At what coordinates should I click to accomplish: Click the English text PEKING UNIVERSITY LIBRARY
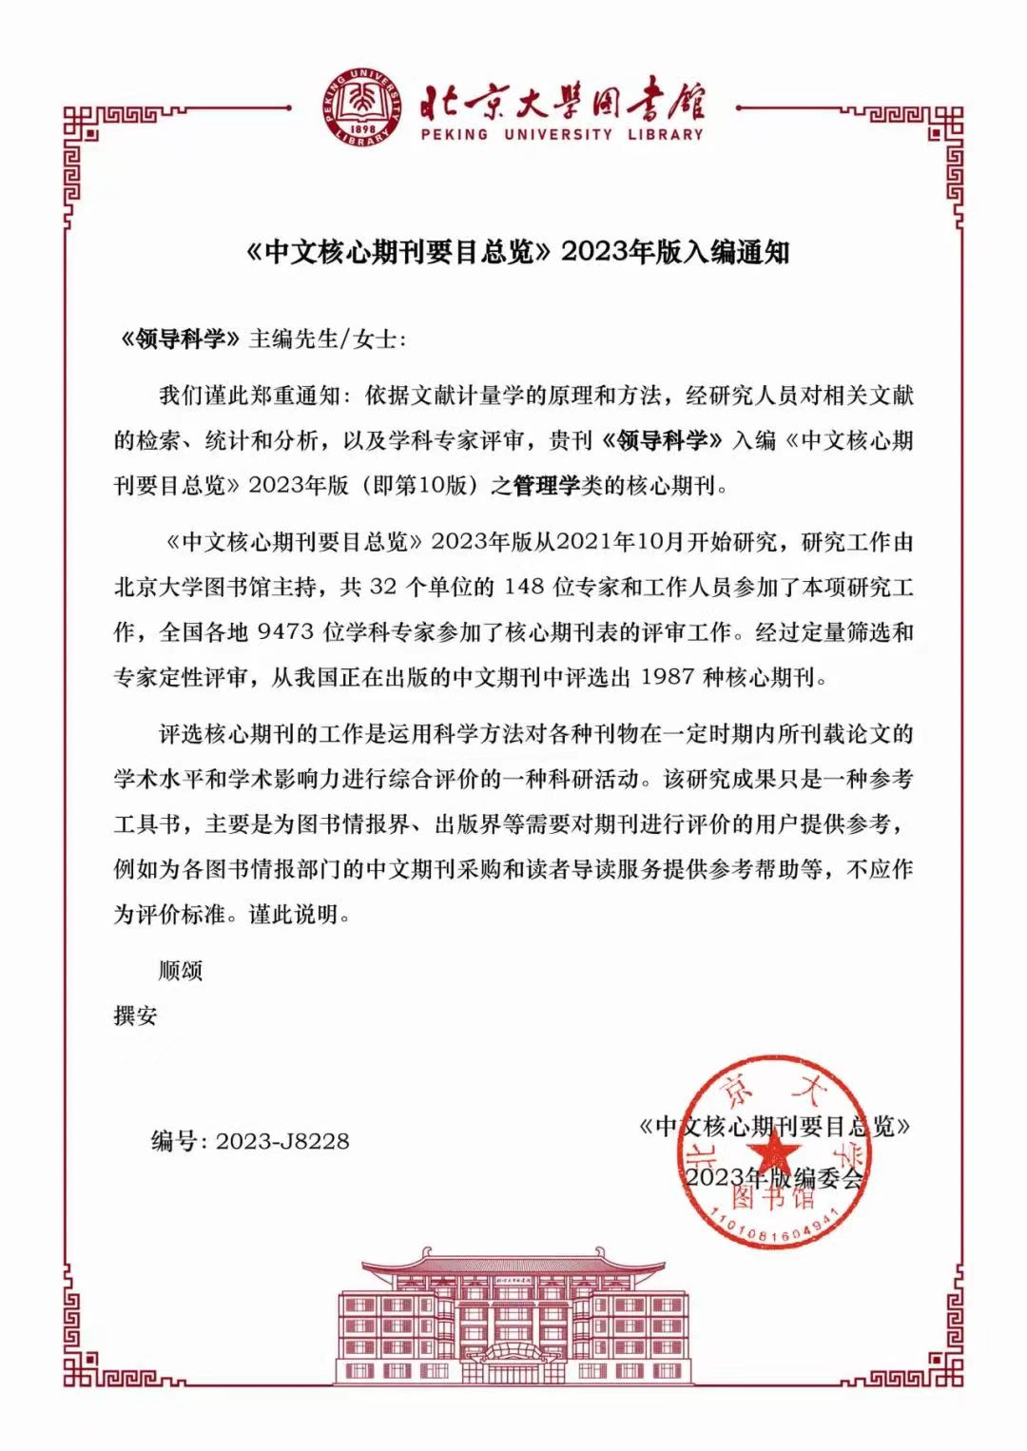(x=562, y=134)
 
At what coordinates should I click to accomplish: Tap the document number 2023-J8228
(x=282, y=1140)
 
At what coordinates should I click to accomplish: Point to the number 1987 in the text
(x=669, y=678)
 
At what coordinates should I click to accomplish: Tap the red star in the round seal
(x=777, y=1152)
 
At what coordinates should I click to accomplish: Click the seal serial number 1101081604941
(x=774, y=1219)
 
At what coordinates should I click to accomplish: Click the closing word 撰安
(x=135, y=1016)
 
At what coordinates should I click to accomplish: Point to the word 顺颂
(x=180, y=971)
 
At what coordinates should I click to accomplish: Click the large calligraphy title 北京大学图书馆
(x=562, y=99)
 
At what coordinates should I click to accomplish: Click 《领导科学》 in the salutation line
(x=178, y=339)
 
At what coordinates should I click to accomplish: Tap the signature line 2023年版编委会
(x=774, y=1177)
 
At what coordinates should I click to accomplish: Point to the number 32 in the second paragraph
(x=382, y=587)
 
